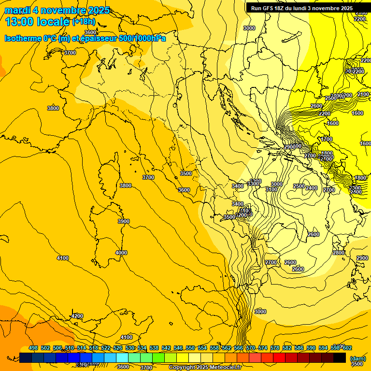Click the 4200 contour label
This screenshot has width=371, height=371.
click(77, 316)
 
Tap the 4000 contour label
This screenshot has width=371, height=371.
click(121, 253)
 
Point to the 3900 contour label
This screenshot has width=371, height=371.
click(124, 221)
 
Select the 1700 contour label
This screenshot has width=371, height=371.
click(327, 139)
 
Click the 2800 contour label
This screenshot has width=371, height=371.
click(339, 253)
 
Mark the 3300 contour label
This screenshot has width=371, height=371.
click(253, 184)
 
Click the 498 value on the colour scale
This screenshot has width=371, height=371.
click(33, 348)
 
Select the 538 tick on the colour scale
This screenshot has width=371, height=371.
click(154, 348)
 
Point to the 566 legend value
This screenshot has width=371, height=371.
click(239, 348)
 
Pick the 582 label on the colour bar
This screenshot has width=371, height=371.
click(287, 348)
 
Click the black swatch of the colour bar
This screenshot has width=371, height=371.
click(340, 357)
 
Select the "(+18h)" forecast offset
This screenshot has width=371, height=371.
click(84, 22)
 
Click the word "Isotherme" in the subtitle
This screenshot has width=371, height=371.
click(22, 38)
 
